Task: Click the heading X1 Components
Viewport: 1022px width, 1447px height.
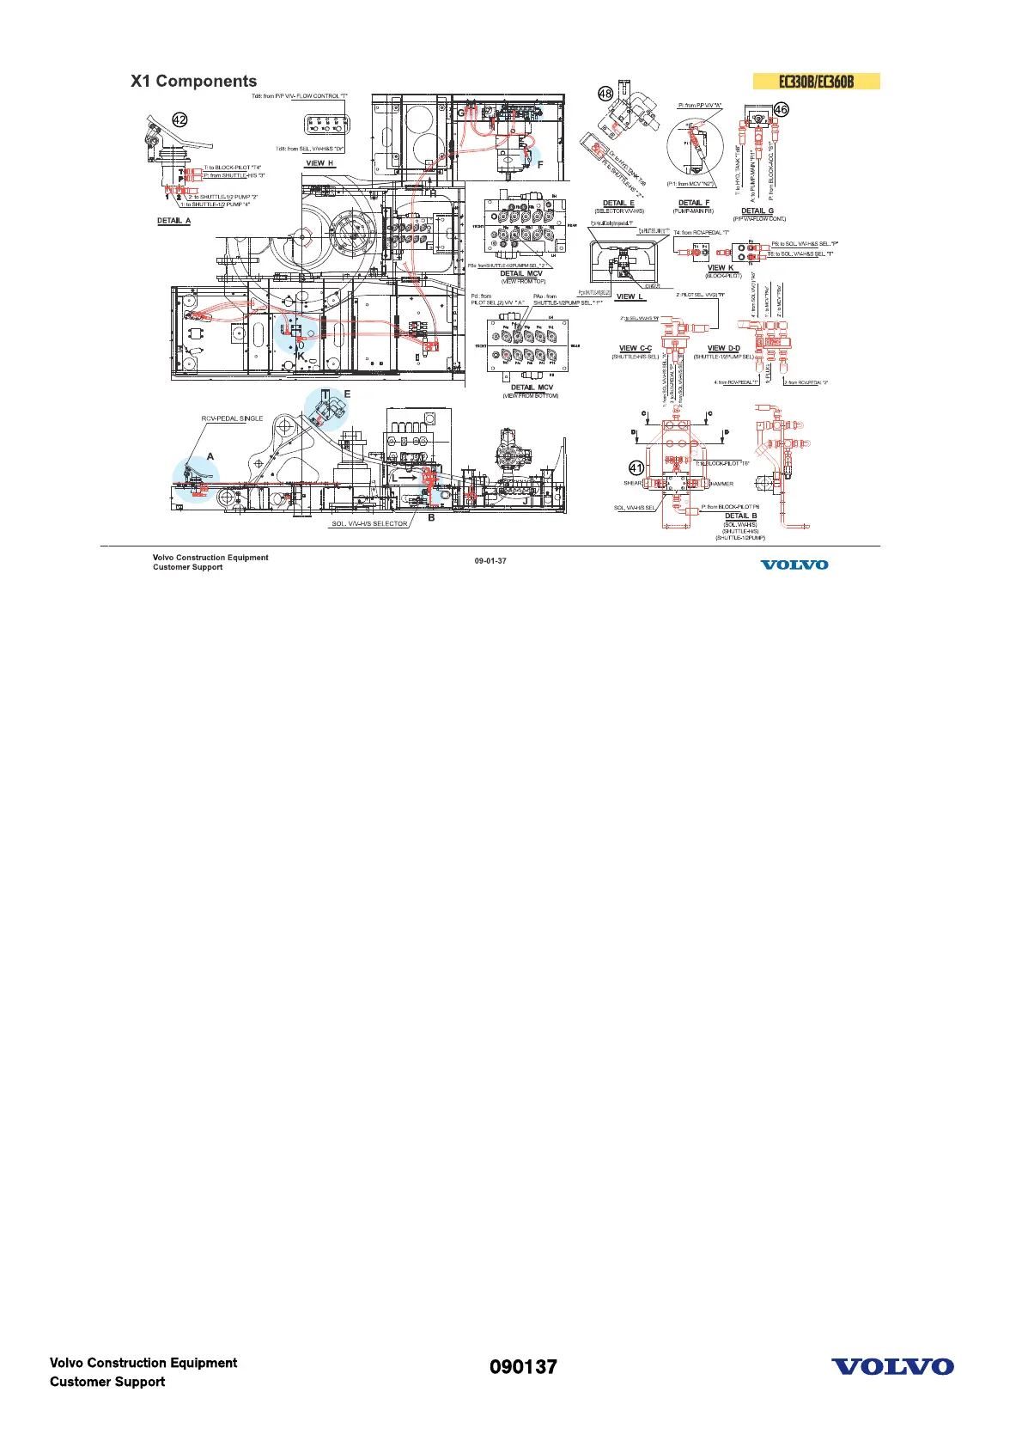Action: [193, 82]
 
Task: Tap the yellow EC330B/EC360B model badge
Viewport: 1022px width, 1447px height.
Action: [816, 82]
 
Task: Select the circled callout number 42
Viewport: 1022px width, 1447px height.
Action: [179, 120]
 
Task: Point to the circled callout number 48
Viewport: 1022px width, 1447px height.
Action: [605, 95]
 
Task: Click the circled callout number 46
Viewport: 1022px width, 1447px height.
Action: [781, 109]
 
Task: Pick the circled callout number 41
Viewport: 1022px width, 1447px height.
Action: [636, 468]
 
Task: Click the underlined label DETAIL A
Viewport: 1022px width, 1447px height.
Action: [173, 221]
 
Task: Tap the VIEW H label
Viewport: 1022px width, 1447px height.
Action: [319, 163]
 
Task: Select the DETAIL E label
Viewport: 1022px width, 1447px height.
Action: [618, 204]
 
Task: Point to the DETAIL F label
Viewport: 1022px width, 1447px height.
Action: [694, 204]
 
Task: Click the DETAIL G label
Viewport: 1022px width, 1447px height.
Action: [757, 211]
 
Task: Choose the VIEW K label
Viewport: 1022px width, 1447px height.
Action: [721, 268]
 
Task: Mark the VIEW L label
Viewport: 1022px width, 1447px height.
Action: [630, 297]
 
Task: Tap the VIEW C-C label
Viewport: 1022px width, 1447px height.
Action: [636, 349]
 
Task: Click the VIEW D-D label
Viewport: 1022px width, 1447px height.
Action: [723, 349]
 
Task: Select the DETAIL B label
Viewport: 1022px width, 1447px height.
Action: [740, 516]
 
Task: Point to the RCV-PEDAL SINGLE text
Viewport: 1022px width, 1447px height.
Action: [232, 418]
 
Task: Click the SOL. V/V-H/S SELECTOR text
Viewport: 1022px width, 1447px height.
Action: [369, 524]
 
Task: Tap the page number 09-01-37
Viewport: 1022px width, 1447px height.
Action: [490, 561]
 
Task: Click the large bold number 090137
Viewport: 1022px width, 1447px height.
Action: [523, 1367]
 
